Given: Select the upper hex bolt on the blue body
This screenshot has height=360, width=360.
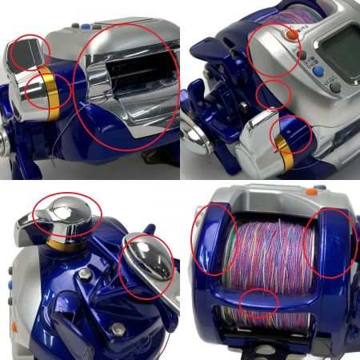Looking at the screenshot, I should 83,277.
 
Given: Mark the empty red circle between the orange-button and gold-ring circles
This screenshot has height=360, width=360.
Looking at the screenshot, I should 273,94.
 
